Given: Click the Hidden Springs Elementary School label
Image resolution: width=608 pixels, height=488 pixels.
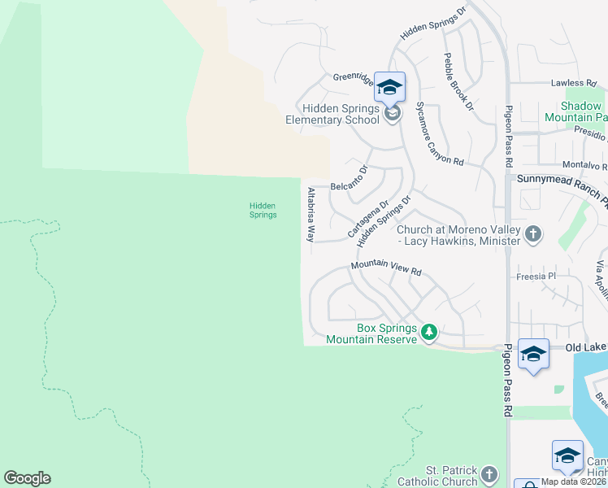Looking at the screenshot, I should (x=332, y=114).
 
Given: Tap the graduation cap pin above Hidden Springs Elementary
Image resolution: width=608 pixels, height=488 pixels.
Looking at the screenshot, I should (x=390, y=87).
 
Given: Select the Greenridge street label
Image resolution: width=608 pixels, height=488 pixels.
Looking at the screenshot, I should (x=353, y=79).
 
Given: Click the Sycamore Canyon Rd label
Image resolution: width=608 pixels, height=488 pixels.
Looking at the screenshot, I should (x=439, y=134).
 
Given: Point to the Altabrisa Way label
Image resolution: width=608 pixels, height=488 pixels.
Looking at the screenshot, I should (x=311, y=215).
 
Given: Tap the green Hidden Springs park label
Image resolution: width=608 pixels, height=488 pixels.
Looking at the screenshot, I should (x=263, y=211).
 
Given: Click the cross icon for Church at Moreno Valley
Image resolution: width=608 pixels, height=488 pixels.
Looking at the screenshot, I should (x=533, y=235).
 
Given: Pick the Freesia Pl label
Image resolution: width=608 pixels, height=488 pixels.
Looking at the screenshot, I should (x=535, y=277).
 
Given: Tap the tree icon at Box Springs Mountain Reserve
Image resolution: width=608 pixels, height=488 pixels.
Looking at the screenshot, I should (x=429, y=332).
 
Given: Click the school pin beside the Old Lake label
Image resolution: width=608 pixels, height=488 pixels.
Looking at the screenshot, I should (x=533, y=354).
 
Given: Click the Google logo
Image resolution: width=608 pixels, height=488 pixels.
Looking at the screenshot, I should (x=27, y=478).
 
